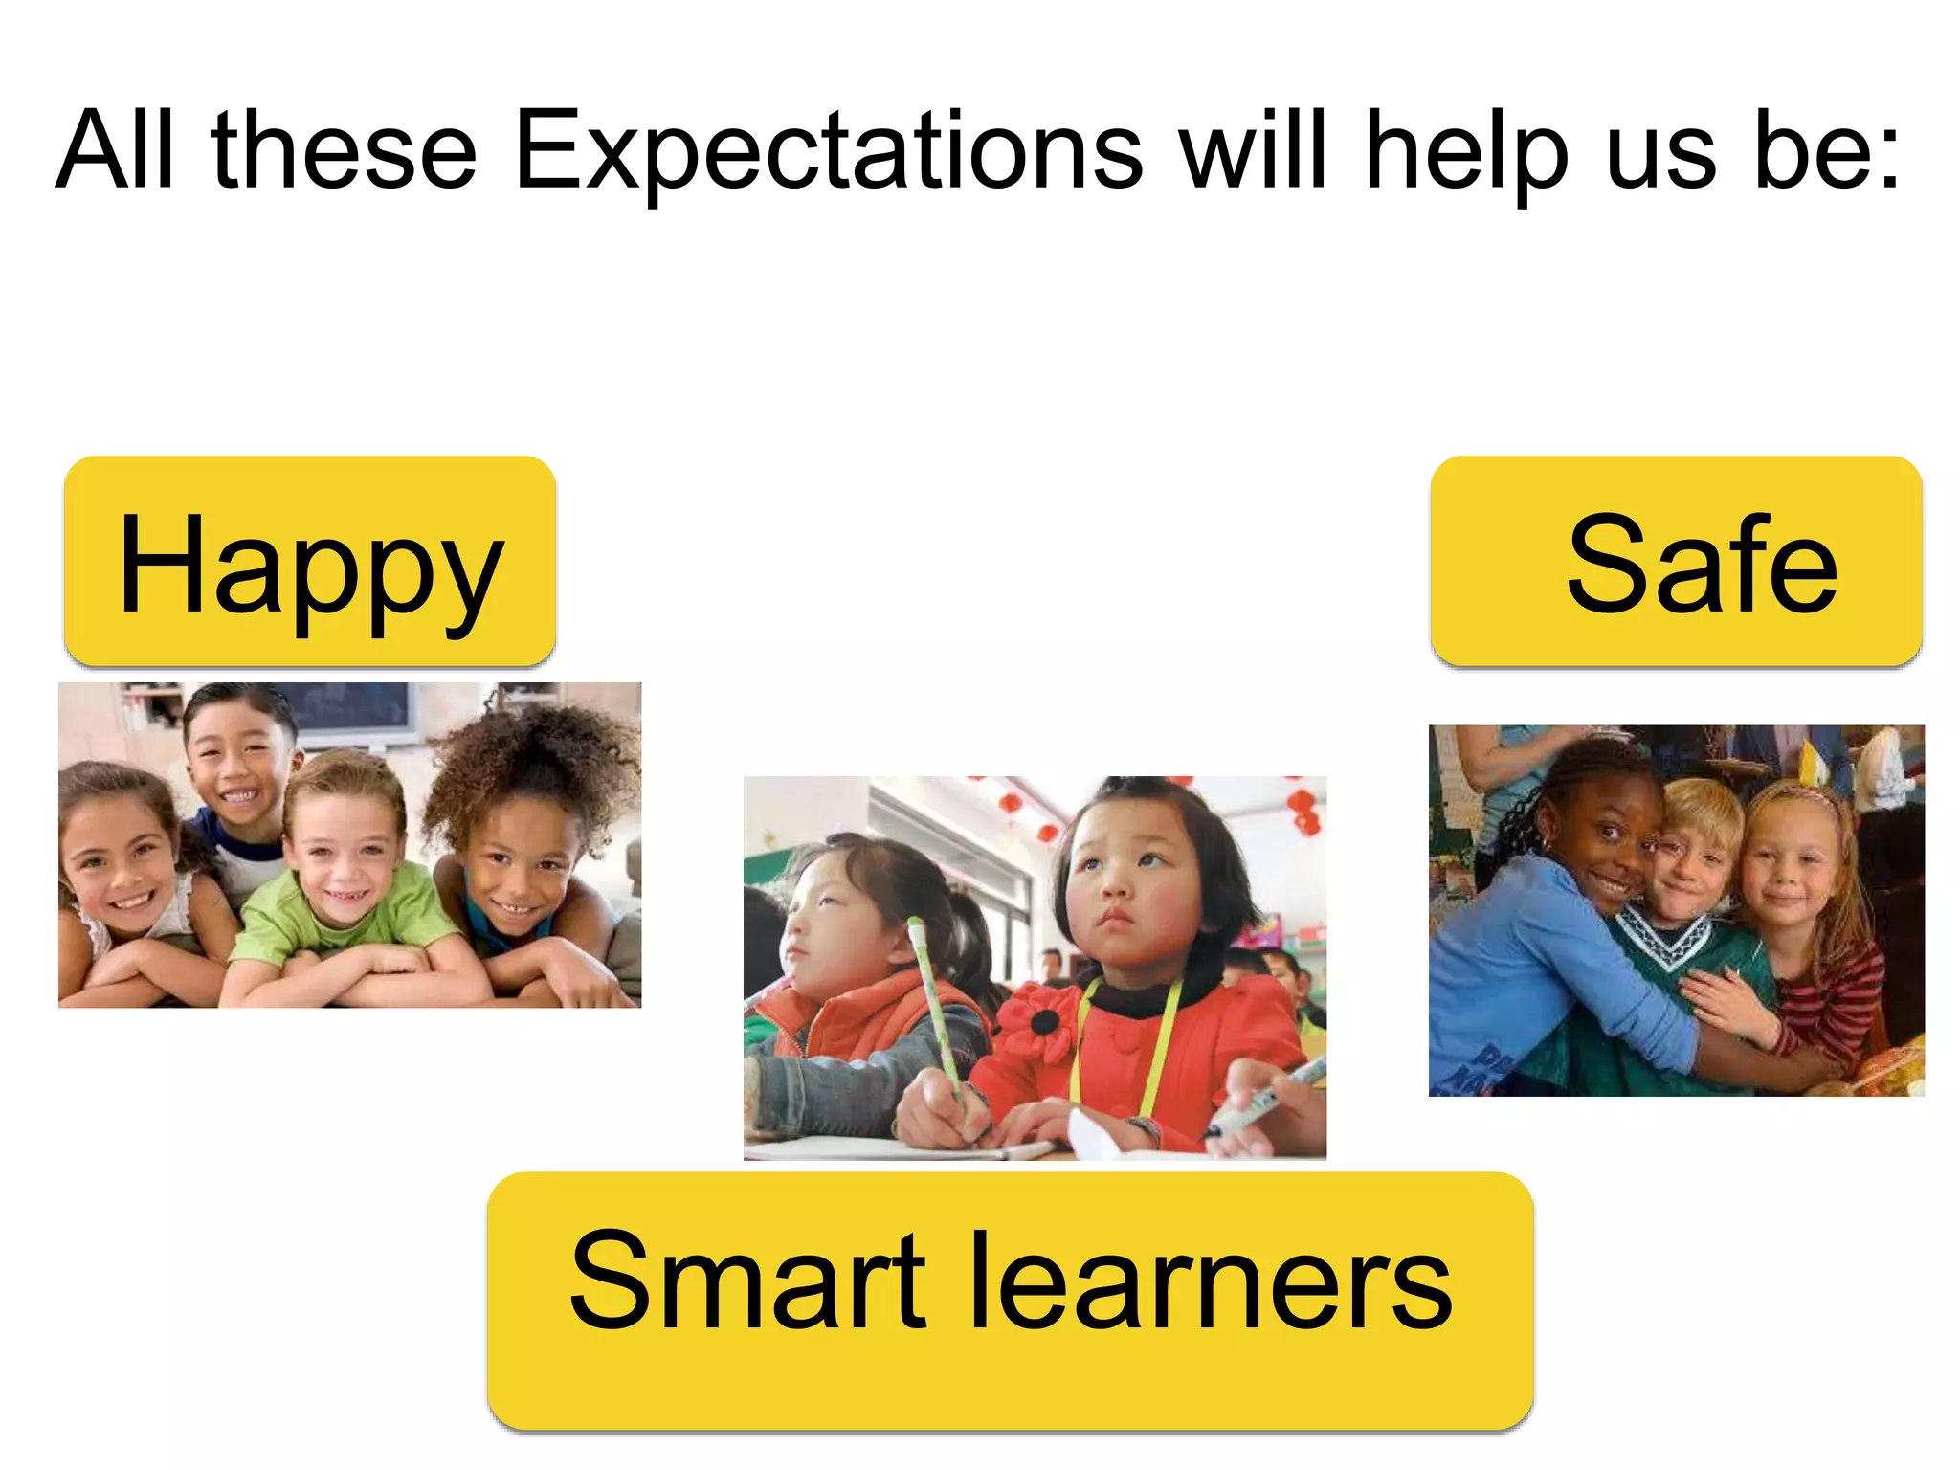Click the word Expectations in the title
tap(829, 151)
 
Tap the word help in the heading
tap(1466, 151)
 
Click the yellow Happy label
tap(309, 562)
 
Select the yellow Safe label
tap(1676, 562)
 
